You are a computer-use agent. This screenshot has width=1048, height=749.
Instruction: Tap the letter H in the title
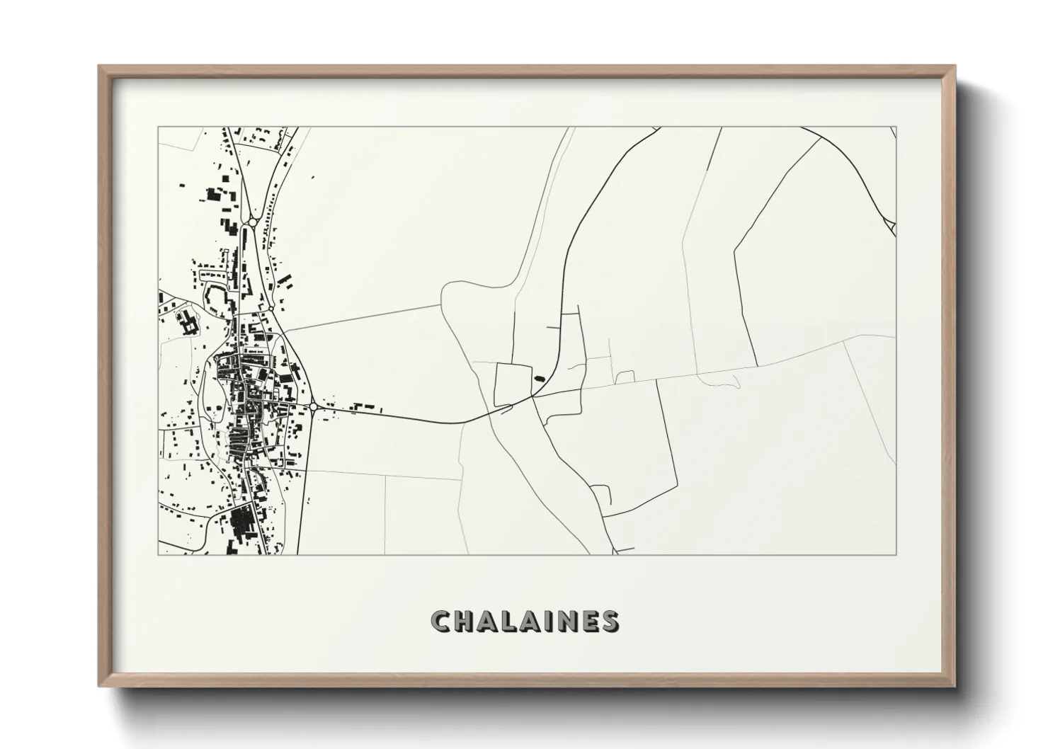464,621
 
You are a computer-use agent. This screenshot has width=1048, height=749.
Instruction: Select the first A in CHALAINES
487,621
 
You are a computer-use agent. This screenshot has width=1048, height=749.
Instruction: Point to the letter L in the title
509,621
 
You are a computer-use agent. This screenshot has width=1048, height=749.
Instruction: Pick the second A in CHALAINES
530,621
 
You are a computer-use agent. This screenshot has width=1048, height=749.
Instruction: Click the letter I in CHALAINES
549,621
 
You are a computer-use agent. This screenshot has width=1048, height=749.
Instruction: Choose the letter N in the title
566,621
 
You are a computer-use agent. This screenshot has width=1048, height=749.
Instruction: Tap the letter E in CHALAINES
588,621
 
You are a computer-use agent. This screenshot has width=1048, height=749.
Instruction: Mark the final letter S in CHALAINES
609,621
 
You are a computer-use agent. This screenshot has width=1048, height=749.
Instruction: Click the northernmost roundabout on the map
253,222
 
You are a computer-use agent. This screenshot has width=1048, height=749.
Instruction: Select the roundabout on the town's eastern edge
313,406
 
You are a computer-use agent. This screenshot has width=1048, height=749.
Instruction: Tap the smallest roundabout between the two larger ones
270,309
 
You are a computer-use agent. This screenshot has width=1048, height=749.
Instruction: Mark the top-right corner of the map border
896,127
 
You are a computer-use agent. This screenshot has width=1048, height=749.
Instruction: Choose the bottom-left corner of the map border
158,554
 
